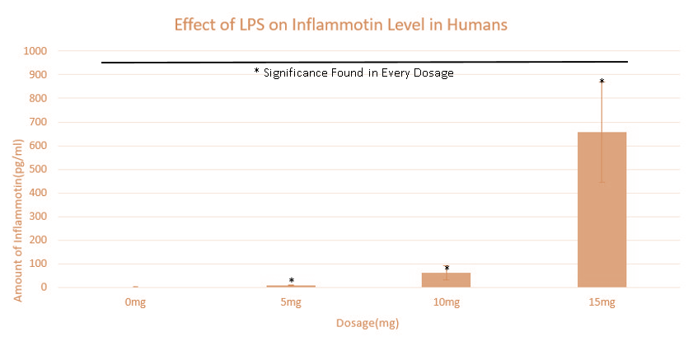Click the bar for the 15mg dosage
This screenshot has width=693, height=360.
click(x=602, y=209)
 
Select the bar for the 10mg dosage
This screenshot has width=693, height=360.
click(x=446, y=280)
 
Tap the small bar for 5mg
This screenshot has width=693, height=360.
click(x=291, y=286)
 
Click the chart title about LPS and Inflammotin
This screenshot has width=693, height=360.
click(x=340, y=25)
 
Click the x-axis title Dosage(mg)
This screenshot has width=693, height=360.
click(x=368, y=323)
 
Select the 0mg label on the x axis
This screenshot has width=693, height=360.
click(x=135, y=303)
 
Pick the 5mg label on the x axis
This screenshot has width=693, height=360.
click(x=291, y=303)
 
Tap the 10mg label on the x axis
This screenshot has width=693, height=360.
click(x=446, y=303)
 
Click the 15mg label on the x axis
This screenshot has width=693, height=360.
click(x=602, y=303)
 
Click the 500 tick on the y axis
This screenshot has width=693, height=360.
click(x=36, y=170)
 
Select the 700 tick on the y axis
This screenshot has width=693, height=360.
click(x=36, y=122)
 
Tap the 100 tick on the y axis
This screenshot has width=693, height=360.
click(x=36, y=264)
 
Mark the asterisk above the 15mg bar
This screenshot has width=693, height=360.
click(x=602, y=82)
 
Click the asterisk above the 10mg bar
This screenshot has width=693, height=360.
click(x=447, y=269)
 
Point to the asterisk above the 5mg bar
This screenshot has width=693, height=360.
click(x=291, y=281)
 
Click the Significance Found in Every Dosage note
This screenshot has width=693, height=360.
click(x=354, y=72)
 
